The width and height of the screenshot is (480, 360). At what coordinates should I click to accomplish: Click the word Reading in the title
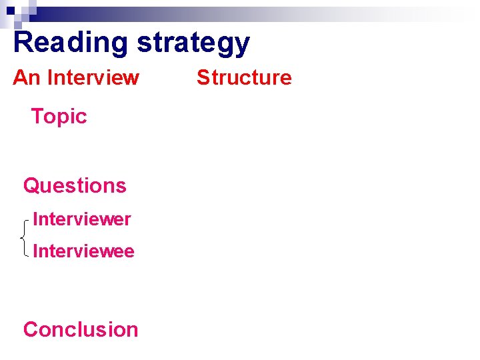(71, 42)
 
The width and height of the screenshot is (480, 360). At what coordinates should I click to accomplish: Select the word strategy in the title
(193, 43)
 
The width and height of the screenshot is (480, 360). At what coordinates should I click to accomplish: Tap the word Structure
(244, 77)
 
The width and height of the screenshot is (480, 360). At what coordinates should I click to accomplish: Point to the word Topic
(59, 117)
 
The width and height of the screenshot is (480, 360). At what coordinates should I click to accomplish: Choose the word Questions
(75, 185)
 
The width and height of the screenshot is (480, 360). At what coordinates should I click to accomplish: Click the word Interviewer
(81, 219)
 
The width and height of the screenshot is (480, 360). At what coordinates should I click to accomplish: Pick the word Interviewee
(83, 251)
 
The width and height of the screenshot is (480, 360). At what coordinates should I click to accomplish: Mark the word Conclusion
(81, 329)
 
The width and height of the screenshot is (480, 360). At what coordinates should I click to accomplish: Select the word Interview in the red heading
(93, 77)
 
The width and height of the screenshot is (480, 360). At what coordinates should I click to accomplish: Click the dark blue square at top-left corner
(10, 11)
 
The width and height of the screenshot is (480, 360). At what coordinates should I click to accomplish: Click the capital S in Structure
(202, 77)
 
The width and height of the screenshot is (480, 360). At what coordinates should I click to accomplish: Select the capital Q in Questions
(31, 185)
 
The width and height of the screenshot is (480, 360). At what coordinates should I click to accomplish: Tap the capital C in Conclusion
(31, 329)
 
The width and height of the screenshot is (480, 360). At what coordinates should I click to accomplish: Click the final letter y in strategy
(242, 45)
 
